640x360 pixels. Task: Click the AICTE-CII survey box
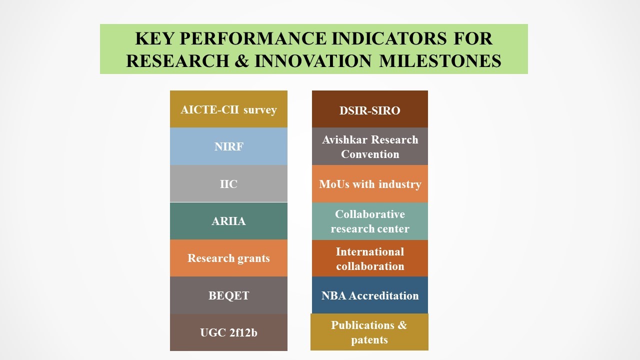coord(228,109)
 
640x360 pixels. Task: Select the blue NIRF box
coord(228,146)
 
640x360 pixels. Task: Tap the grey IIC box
coord(228,183)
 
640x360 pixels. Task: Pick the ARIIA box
coord(228,221)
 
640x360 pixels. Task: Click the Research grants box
coord(228,258)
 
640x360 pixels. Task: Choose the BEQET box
coord(228,295)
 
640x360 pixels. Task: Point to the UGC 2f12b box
coord(228,332)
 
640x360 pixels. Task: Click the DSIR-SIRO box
coord(370,109)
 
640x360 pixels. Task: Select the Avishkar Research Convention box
coord(370,146)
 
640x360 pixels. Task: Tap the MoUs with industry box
coord(370,183)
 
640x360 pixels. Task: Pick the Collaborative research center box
coord(370,221)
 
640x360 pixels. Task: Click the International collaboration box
coord(370,258)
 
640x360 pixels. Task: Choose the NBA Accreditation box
coord(370,295)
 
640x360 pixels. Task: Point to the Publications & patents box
coord(369,332)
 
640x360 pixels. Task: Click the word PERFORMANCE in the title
coord(253,38)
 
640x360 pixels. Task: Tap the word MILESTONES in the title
coord(440,60)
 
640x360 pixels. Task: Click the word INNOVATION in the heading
coord(313,60)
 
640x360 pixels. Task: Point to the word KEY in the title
coord(154,38)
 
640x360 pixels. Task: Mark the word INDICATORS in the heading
coord(389,38)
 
